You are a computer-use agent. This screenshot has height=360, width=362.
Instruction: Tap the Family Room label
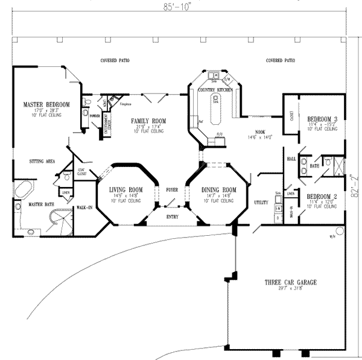click(148, 121)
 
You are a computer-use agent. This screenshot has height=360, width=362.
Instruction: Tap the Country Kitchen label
click(215, 90)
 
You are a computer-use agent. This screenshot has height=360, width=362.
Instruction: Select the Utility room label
click(261, 203)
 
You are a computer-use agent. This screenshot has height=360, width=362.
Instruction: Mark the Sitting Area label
click(42, 161)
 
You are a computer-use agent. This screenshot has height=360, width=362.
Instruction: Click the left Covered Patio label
click(115, 61)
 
